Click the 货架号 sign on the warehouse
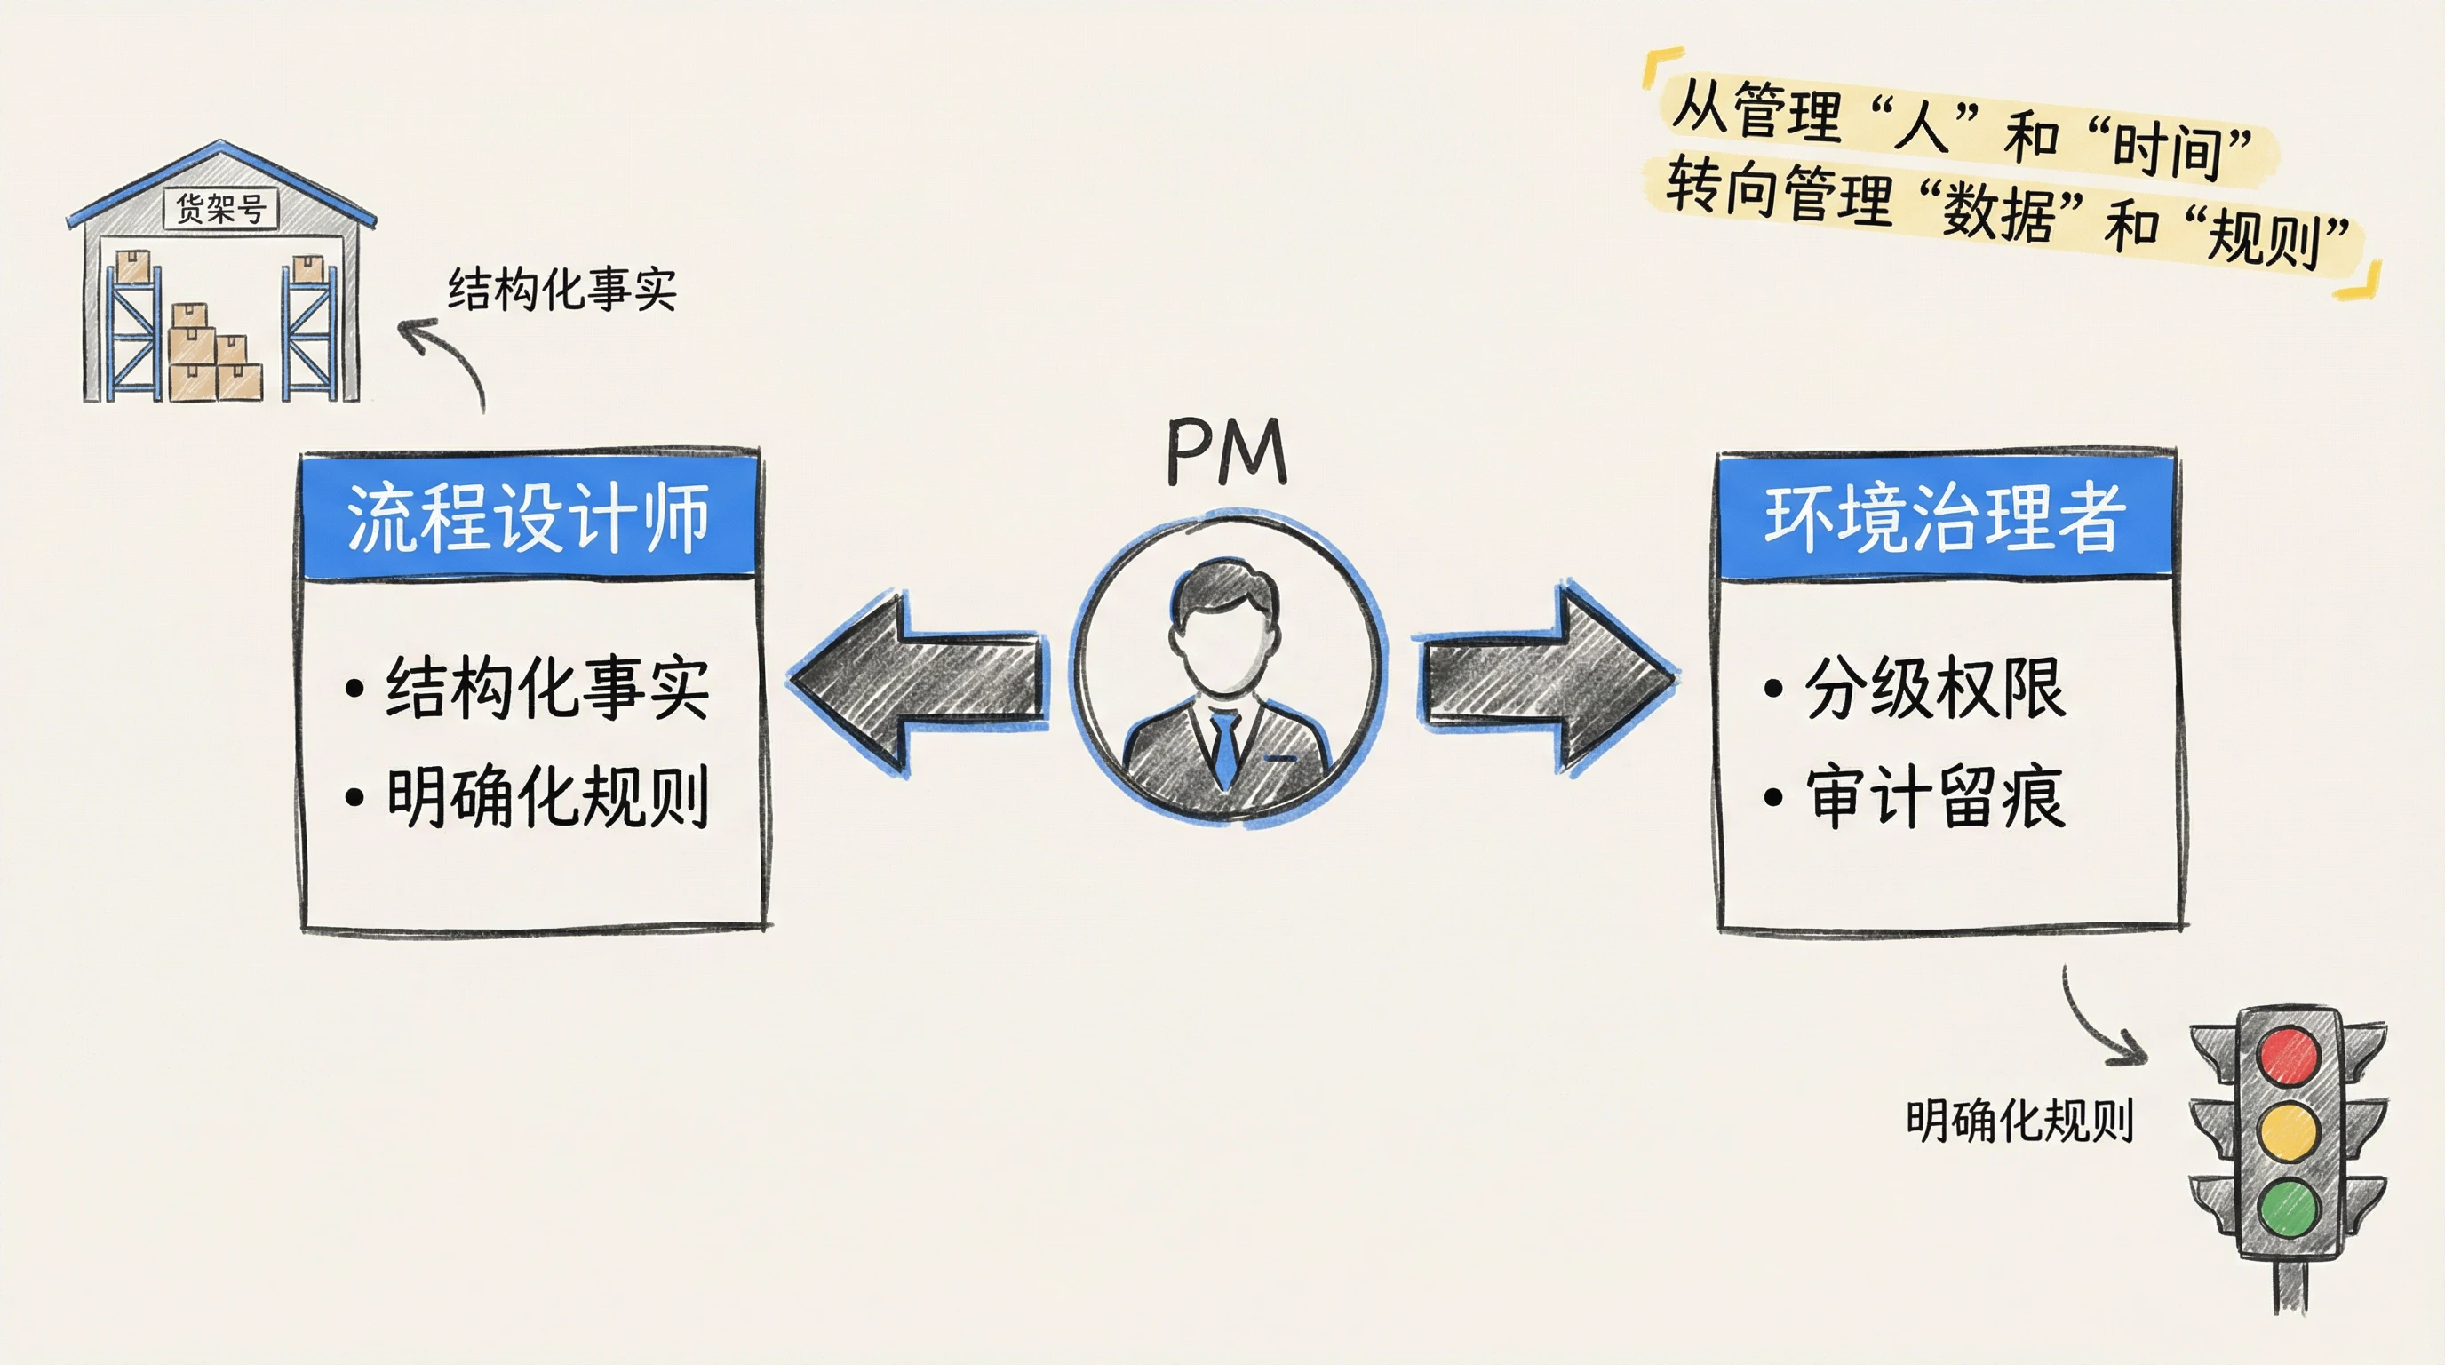coord(220,208)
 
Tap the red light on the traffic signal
coord(2290,1055)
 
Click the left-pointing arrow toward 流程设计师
coord(916,681)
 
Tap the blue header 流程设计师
coord(529,518)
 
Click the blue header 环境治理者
coord(1945,518)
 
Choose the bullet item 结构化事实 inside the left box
coord(546,687)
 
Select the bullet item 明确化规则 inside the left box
coord(546,796)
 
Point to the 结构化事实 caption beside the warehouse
coord(561,289)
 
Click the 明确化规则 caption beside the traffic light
coord(2019,1120)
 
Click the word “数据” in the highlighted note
coord(1998,212)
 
